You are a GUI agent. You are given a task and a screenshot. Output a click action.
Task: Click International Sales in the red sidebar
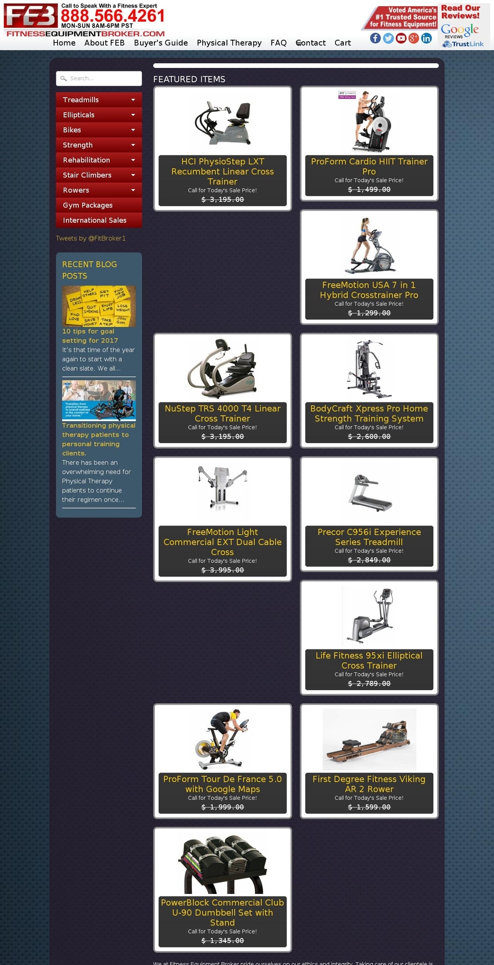pos(95,220)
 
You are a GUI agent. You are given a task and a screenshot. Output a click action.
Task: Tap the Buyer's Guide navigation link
pos(161,43)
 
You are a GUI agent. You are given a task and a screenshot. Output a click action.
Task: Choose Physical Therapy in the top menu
pos(229,43)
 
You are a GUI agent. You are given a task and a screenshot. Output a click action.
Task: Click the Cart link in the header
pos(342,43)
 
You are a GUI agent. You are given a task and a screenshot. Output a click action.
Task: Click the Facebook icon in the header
pos(375,38)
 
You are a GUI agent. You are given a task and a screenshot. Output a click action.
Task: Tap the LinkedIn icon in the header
pos(427,38)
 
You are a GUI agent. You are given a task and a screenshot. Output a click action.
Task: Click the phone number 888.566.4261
pos(113,16)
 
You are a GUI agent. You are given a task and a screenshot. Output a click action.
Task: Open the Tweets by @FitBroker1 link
pos(91,238)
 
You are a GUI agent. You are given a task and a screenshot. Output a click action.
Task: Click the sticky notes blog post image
pos(99,306)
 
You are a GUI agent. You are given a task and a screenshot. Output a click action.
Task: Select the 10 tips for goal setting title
pos(90,336)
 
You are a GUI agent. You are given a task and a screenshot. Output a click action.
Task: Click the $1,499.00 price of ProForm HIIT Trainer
pos(369,189)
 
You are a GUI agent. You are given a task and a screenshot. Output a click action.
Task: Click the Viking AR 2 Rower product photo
pos(369,739)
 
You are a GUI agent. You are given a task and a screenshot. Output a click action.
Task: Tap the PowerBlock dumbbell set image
pos(222,865)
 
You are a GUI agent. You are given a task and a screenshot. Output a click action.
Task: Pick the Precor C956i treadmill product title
pos(369,537)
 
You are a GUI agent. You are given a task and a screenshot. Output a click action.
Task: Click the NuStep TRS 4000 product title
pos(222,413)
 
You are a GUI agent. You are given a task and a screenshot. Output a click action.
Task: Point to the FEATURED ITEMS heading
pos(189,79)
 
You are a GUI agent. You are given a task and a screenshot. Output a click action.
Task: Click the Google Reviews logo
pos(460,31)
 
